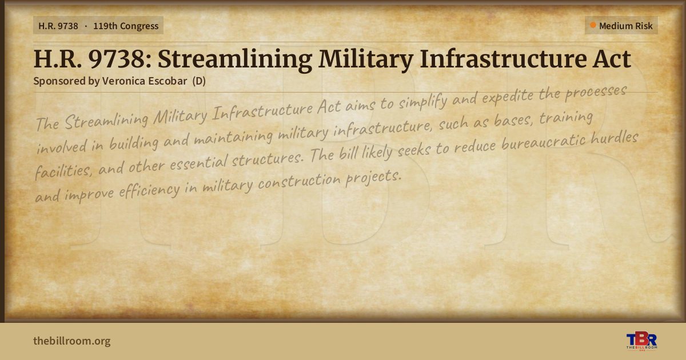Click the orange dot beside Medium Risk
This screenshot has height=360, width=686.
[x=593, y=25]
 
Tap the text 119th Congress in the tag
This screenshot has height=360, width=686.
[x=126, y=26]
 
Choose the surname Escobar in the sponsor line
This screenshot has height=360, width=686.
[x=167, y=81]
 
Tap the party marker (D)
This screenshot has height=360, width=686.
[x=199, y=81]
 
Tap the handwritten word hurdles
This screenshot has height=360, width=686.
[x=615, y=138]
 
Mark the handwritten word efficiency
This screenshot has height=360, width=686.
[x=149, y=191]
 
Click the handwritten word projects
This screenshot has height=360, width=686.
[x=373, y=178]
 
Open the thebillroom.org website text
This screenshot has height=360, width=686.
[x=72, y=341]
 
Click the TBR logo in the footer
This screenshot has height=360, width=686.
[x=642, y=341]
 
